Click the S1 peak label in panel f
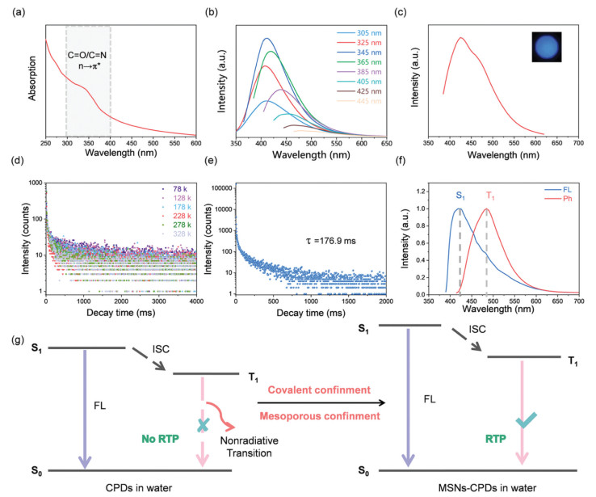(x=461, y=196)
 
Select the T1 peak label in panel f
(x=493, y=196)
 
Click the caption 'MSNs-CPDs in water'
(x=485, y=485)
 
